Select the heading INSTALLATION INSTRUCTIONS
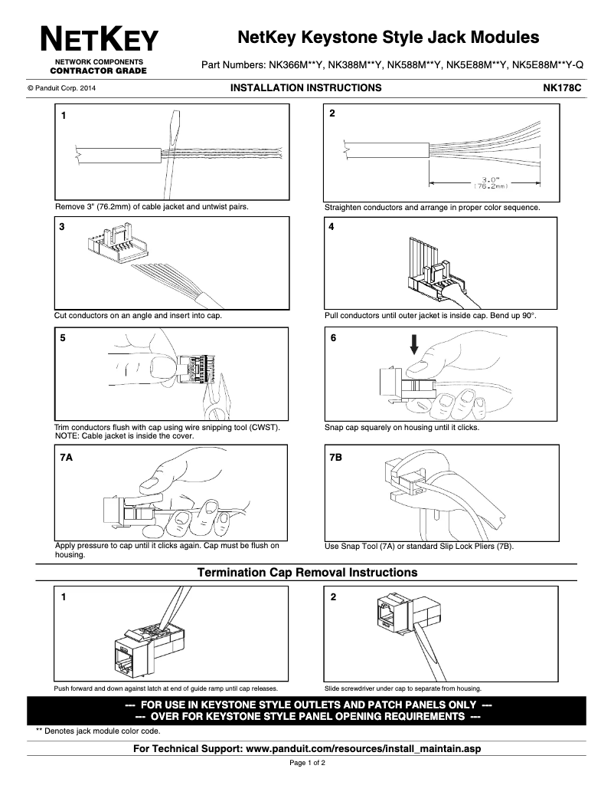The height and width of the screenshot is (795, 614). (305, 88)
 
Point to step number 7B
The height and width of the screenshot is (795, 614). (335, 456)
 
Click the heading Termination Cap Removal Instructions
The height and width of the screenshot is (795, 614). (307, 573)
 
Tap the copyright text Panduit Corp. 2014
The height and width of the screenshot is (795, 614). (61, 89)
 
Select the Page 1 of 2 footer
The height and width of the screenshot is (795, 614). (307, 764)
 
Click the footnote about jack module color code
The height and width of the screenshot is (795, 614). (98, 731)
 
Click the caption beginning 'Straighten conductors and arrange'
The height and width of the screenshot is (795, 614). (432, 207)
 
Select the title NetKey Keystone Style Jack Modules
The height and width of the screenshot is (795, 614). (388, 38)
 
